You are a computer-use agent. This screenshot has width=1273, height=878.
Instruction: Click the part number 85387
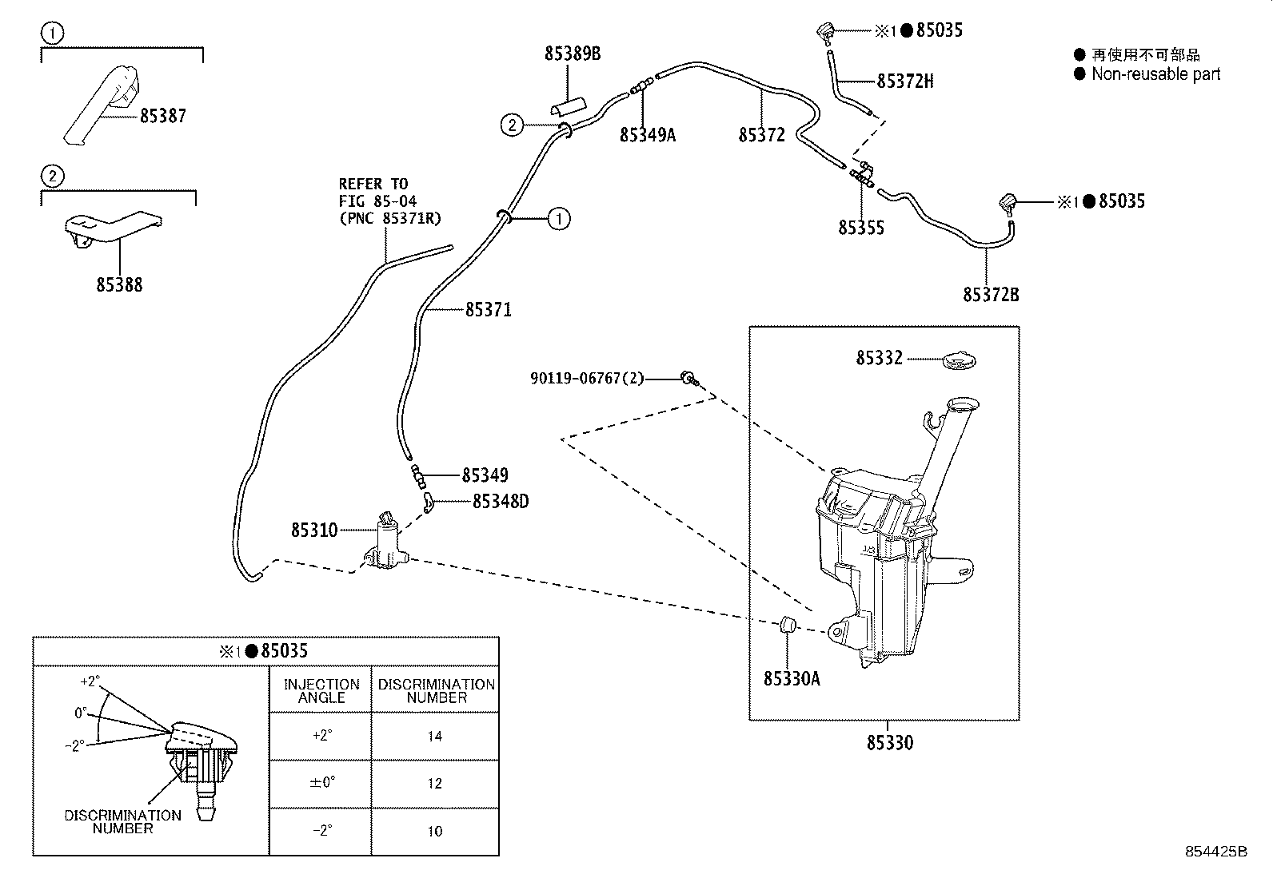163,116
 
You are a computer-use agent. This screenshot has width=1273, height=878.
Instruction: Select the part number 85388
119,284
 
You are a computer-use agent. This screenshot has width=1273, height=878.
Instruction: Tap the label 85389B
573,54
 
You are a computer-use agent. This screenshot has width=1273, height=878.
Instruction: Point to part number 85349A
648,135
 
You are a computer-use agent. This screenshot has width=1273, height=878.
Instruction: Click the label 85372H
904,81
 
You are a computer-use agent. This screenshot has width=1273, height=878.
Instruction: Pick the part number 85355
861,228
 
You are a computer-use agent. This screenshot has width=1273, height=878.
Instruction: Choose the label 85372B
991,295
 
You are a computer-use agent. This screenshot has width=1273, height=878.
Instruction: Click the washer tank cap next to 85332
960,360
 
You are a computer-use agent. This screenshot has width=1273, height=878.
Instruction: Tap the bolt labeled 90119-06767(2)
690,378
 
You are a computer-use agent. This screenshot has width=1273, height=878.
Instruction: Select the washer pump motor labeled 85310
386,542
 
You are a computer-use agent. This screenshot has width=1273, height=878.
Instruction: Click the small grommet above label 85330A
788,625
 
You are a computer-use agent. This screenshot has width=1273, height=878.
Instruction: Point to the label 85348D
501,502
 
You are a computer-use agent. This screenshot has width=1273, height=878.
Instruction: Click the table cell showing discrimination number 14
435,736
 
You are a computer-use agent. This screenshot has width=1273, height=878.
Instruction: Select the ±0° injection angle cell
321,783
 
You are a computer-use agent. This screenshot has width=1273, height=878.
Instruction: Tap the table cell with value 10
435,831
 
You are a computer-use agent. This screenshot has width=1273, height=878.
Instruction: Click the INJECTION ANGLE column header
321,690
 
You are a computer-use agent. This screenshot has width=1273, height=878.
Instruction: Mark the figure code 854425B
1215,851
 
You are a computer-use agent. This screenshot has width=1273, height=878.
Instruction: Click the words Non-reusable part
1156,74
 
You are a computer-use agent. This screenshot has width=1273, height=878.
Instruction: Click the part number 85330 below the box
890,743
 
